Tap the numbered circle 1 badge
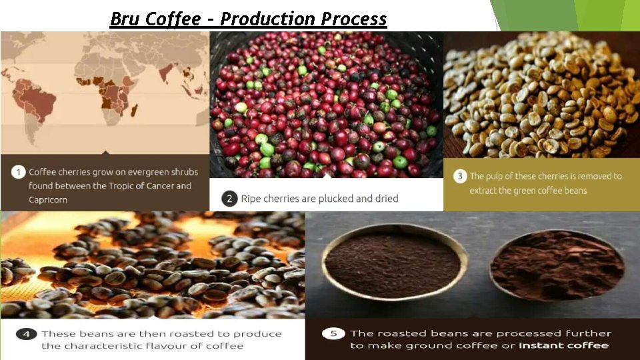[x=18, y=172]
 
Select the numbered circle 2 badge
[x=229, y=198]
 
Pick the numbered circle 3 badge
[x=459, y=176]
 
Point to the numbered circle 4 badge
[x=26, y=334]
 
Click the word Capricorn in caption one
[x=48, y=200]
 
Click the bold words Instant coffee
[x=563, y=345]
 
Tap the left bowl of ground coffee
[x=395, y=261]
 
